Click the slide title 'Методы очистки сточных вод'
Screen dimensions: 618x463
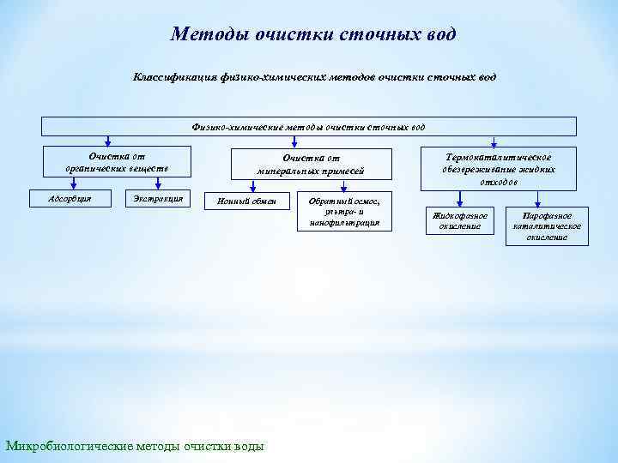click(313, 35)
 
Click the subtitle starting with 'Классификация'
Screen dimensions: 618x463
click(313, 77)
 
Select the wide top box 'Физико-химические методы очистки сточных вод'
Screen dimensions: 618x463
click(309, 127)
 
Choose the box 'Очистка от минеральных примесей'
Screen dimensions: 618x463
click(311, 164)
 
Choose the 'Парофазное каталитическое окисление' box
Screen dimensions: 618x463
click(547, 225)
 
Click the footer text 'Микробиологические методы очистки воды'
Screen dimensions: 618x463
click(136, 446)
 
